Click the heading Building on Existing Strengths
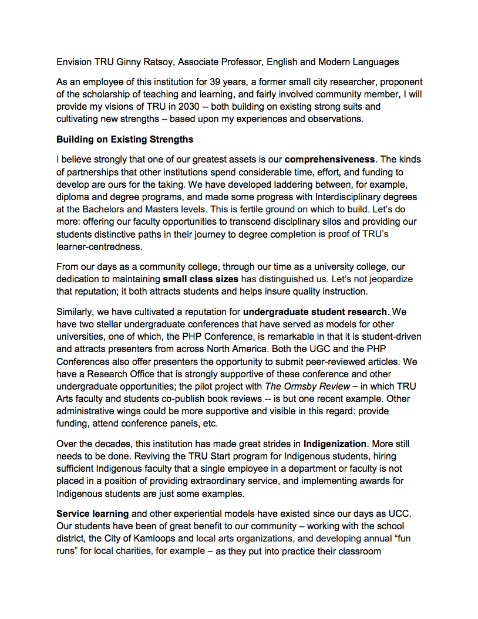(x=125, y=140)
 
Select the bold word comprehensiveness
(x=329, y=160)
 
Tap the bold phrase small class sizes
(x=201, y=279)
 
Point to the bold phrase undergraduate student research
(x=315, y=312)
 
